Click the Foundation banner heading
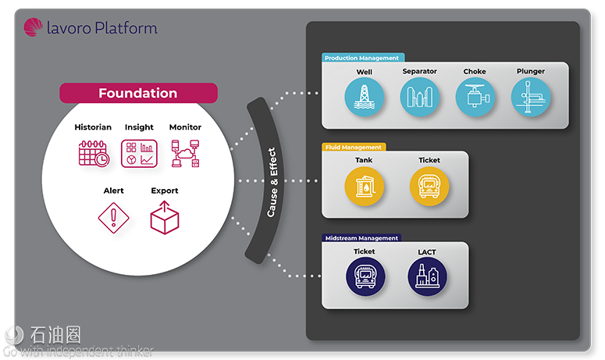coord(138,93)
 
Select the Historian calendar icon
coord(94,154)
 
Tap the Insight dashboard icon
coord(139,154)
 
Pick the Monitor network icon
coord(185,154)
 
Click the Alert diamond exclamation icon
coord(113,218)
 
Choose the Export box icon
coord(165,218)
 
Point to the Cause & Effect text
coord(272,182)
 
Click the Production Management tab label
coord(361,58)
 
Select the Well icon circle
coord(365,97)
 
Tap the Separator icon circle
coord(420,97)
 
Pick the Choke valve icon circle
coord(475,97)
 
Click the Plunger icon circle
coord(531,97)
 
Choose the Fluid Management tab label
coord(353,147)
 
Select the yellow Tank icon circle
coord(365,187)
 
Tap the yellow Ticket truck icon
coord(429,187)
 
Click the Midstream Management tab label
coord(361,238)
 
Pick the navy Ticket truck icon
coord(365,277)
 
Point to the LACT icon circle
coord(427,277)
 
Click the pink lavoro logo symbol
coord(34,27)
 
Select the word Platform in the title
coord(126,28)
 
